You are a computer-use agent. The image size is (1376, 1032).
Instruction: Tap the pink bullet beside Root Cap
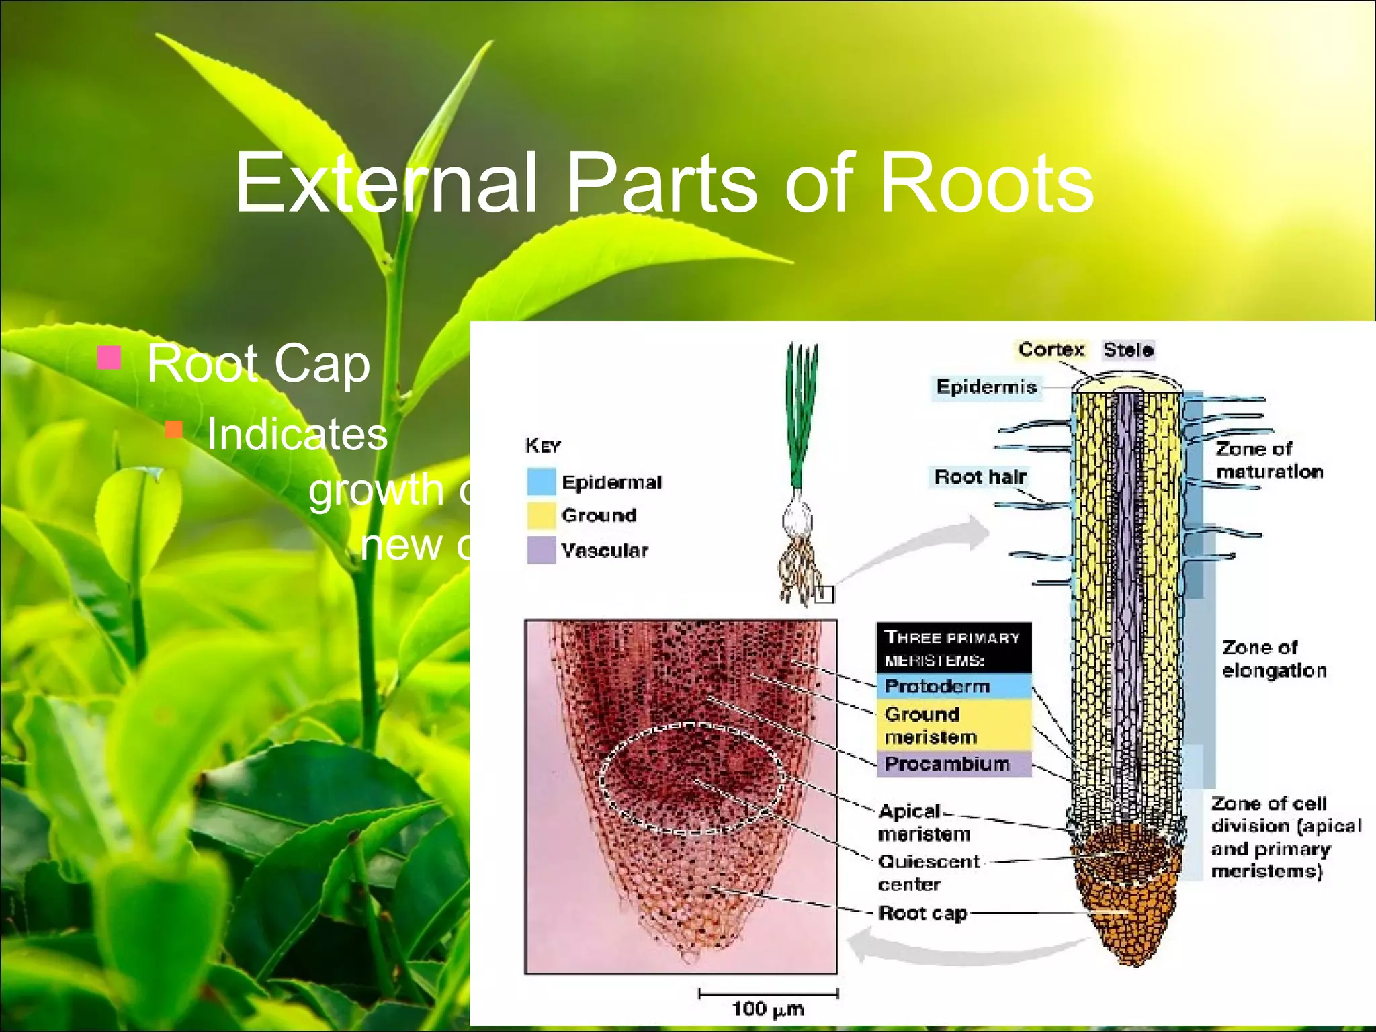(109, 358)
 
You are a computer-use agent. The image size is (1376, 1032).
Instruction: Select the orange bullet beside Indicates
(174, 429)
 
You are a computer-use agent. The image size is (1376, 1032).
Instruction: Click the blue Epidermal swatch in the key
(542, 482)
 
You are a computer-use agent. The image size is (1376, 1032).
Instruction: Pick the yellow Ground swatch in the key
(542, 515)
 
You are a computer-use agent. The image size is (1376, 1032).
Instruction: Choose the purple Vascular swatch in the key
(542, 550)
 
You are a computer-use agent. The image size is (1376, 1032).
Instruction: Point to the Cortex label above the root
(1051, 349)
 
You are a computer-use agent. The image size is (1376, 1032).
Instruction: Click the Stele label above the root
(1128, 349)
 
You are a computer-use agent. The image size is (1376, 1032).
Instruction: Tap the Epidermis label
(986, 387)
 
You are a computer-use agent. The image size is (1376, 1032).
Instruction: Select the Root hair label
(980, 477)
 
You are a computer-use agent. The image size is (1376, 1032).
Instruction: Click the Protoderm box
(953, 686)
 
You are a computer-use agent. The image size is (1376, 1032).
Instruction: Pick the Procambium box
(953, 764)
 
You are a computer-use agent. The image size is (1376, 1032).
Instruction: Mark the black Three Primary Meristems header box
(953, 648)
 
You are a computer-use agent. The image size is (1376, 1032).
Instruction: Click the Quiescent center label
(929, 872)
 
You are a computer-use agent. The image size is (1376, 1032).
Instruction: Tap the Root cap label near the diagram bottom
(922, 913)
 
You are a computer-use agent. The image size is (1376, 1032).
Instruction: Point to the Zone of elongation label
(1274, 659)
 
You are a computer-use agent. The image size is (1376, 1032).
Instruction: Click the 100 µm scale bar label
(767, 1008)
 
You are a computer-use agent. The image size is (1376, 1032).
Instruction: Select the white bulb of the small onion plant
(798, 519)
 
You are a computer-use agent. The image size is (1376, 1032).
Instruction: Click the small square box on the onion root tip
(824, 595)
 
